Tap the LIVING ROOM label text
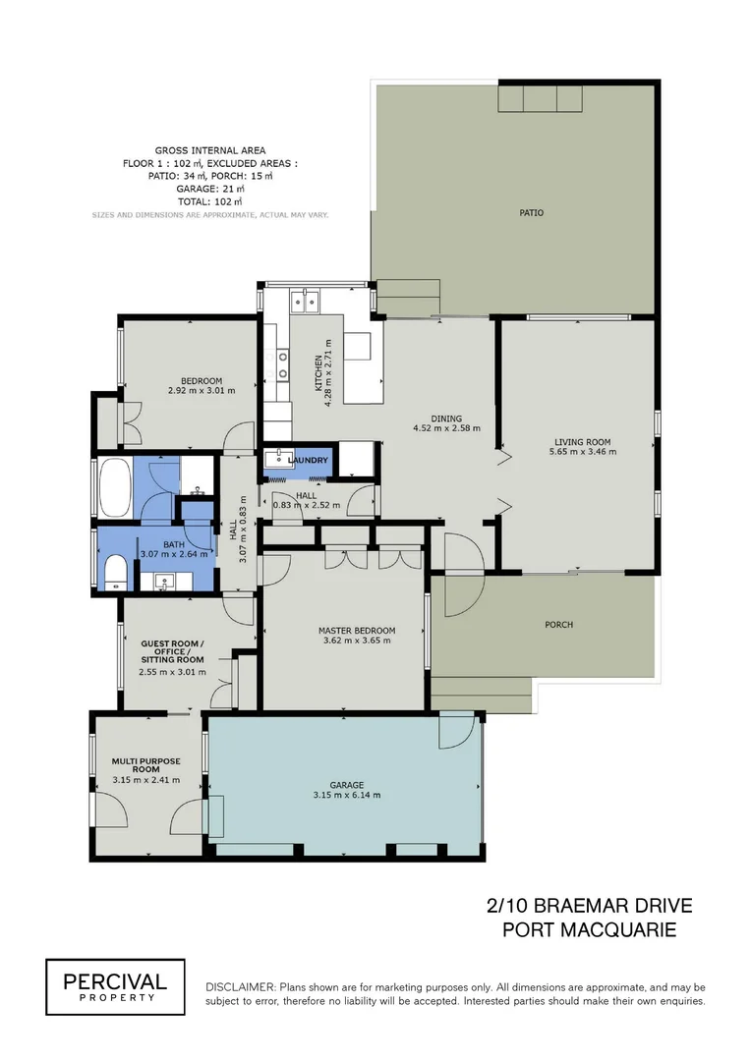coord(583,441)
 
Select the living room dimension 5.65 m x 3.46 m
coord(583,452)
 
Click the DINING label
coord(445,419)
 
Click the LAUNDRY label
coord(309,460)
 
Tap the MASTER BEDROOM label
coord(357,630)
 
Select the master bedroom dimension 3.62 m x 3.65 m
coord(357,641)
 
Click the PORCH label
coord(558,625)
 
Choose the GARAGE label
coord(347,785)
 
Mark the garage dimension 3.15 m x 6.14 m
coord(347,796)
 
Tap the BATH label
coord(173,544)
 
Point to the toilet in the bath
coord(113,572)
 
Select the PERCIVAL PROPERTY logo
coord(115,986)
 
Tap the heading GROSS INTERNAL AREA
coord(209,150)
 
